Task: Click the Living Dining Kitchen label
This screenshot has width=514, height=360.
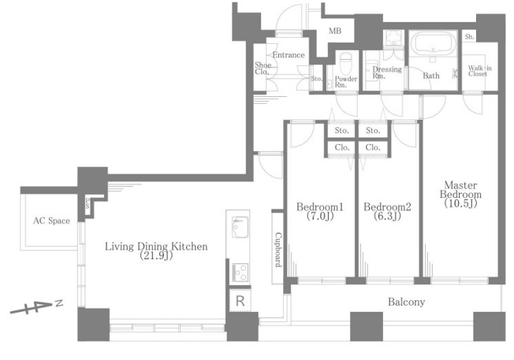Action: click(x=156, y=247)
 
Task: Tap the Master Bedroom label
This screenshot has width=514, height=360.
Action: click(x=460, y=190)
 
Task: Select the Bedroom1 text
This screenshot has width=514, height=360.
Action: click(x=319, y=207)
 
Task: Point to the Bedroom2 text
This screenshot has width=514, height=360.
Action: click(x=387, y=207)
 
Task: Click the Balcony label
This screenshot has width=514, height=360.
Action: click(x=407, y=302)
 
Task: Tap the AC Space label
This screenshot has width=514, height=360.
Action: click(x=51, y=221)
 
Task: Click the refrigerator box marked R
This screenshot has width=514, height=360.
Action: click(x=240, y=300)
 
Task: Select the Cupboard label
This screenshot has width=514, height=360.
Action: click(x=278, y=250)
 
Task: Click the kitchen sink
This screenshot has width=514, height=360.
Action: click(x=240, y=227)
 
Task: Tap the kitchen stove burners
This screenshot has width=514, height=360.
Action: click(x=240, y=273)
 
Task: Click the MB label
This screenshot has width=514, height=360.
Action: click(x=335, y=32)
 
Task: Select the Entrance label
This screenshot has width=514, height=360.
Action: click(x=289, y=54)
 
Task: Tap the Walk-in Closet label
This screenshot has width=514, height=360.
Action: click(x=479, y=71)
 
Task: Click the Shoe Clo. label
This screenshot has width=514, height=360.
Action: click(x=263, y=69)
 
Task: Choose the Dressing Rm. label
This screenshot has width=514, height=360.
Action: click(x=387, y=72)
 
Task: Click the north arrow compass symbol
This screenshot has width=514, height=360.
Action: click(x=36, y=307)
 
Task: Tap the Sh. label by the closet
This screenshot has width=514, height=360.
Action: click(x=469, y=37)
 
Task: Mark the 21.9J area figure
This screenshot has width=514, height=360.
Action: click(x=156, y=256)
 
